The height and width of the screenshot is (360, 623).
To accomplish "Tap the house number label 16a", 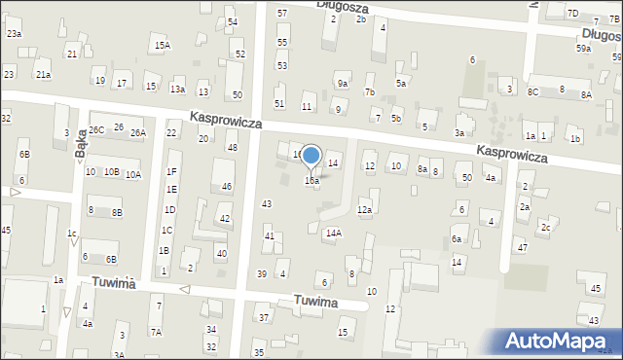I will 311,180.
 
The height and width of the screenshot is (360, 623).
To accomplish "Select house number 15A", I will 162,45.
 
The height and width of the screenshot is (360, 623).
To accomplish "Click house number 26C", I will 96,129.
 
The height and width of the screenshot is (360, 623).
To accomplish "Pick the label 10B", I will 112,172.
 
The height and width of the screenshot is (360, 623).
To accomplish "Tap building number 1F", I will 171,172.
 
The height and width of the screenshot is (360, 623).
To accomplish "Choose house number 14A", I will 334,233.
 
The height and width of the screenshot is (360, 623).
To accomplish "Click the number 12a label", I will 364,209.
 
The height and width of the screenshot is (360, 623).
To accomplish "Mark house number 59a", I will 583,48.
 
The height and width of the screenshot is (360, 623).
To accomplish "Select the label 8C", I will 532,91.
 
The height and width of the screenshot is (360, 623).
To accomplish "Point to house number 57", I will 282,13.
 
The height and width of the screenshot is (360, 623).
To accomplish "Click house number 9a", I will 343,84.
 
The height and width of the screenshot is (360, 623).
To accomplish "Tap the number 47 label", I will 522,248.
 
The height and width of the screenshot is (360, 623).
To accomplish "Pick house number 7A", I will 156,332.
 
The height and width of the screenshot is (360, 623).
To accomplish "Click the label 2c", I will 546,227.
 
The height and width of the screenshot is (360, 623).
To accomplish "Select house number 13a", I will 178,90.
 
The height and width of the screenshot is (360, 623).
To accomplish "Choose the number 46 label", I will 227,186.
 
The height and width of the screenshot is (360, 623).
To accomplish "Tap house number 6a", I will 457,239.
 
